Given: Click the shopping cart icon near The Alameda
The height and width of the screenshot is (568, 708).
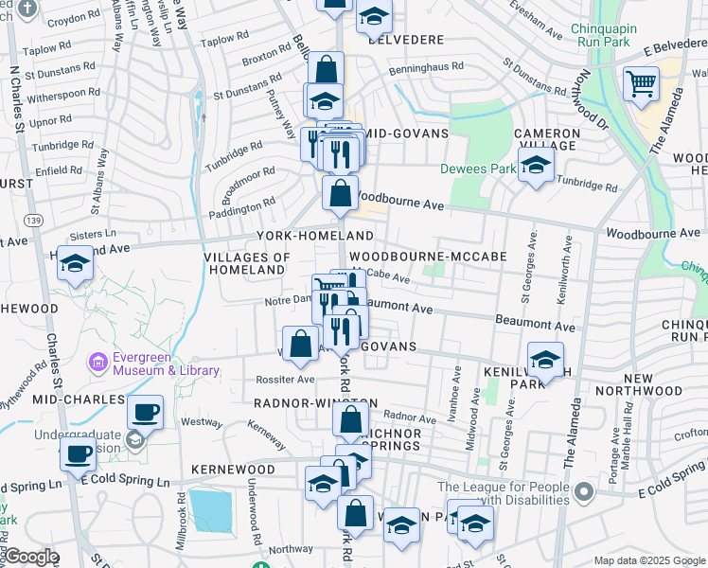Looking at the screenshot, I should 641,84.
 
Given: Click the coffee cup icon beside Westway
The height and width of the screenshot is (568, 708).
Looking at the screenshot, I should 145,413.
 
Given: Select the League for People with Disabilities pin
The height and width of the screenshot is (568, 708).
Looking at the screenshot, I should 584,490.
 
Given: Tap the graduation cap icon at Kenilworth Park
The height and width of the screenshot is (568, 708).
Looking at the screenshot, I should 546,360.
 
